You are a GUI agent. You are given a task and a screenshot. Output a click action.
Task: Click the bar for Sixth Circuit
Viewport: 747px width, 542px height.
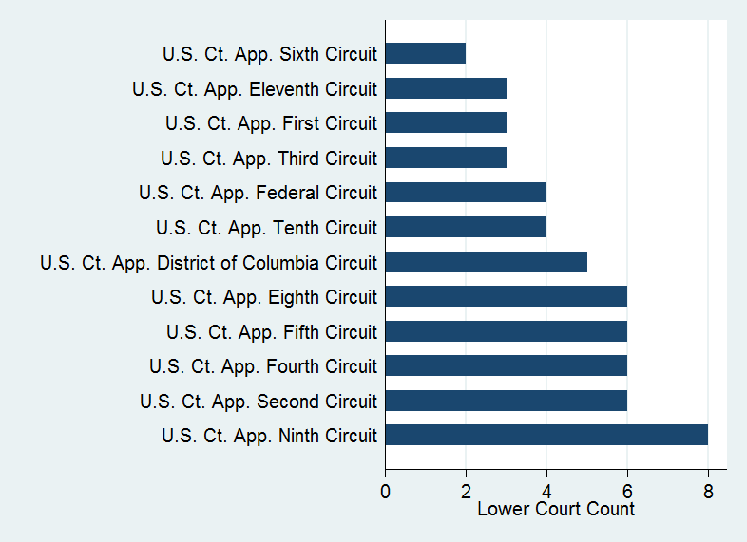(426, 53)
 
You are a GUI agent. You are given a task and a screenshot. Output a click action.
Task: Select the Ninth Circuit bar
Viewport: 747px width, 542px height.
(546, 436)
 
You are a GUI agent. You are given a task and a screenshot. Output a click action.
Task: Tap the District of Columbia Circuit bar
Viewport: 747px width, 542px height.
(486, 262)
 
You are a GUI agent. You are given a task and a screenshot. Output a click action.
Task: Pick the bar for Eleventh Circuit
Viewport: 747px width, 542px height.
(446, 88)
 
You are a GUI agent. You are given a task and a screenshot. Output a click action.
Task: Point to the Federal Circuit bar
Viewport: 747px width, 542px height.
(466, 193)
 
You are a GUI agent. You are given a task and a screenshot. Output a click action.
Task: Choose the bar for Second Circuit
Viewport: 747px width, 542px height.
(506, 401)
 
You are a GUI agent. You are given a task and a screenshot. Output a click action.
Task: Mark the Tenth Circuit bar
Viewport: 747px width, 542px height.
(466, 228)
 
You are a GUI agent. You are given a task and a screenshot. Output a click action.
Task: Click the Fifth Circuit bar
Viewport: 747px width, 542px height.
(506, 331)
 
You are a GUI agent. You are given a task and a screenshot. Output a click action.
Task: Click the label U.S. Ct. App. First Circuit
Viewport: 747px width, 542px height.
(271, 123)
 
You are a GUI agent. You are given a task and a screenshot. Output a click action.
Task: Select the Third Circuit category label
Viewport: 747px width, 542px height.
(269, 159)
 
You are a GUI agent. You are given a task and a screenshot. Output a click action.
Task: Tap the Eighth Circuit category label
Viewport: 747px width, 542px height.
(264, 297)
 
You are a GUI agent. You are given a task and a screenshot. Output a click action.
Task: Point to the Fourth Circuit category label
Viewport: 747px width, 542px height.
(263, 366)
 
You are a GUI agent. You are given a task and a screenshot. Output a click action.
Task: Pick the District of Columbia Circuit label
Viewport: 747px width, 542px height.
(209, 263)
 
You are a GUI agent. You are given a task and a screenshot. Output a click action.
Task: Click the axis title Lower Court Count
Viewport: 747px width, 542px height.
(556, 510)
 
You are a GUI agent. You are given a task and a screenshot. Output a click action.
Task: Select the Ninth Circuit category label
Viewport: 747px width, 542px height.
(269, 436)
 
